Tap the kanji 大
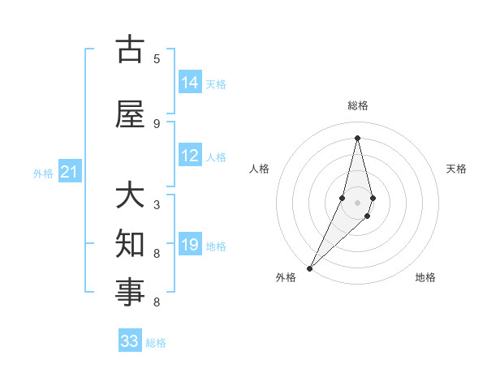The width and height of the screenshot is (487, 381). click(130, 196)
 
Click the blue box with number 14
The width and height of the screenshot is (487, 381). click(190, 83)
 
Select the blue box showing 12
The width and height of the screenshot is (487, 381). click(190, 156)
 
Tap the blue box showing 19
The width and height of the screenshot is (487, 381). click(190, 246)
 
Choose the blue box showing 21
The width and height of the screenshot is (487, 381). click(70, 172)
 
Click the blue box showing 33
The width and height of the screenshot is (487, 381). click(130, 341)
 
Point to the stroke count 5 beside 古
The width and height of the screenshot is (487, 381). click(157, 58)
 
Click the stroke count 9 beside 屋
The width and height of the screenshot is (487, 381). click(157, 123)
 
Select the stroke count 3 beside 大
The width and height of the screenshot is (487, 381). click(157, 205)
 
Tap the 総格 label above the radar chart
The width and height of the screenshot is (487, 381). click(357, 105)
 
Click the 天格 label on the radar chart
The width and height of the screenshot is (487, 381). click(456, 169)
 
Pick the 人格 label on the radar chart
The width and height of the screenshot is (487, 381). click(259, 169)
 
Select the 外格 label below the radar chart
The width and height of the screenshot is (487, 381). click(286, 277)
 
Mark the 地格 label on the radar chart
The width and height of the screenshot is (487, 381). click(425, 277)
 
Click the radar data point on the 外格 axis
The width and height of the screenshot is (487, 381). click(309, 267)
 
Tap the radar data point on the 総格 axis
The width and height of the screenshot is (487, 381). click(357, 138)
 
